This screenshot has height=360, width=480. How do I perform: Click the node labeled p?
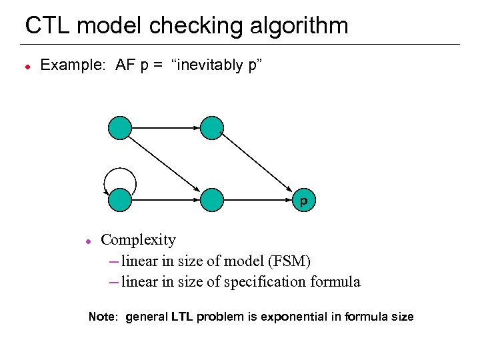[303, 199]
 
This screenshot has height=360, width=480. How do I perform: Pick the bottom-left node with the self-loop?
[120, 199]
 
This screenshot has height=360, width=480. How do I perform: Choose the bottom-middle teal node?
[211, 199]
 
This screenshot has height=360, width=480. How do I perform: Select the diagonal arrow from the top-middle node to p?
[257, 163]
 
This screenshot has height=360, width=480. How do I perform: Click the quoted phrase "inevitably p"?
[219, 65]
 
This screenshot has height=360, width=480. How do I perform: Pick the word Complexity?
[138, 240]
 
